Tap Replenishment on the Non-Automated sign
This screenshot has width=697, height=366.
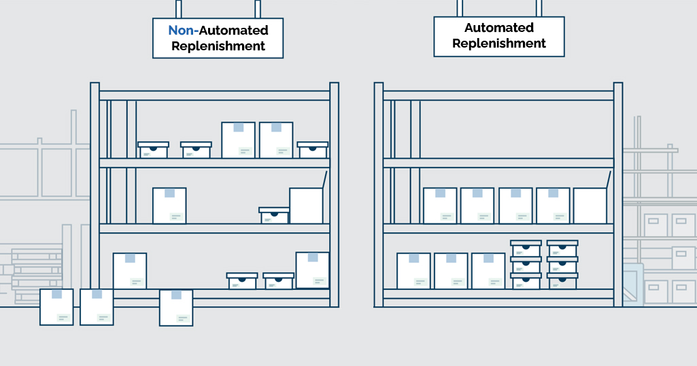(218, 47)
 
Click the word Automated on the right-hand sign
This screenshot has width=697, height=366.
(499, 28)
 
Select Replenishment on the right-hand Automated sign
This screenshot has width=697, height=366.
(499, 43)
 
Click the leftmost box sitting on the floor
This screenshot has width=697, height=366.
(56, 307)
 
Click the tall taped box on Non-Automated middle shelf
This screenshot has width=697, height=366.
(169, 205)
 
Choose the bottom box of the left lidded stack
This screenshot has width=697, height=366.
(526, 281)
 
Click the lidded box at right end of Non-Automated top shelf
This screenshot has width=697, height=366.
(313, 150)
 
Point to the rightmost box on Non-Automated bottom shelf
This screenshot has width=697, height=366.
(313, 270)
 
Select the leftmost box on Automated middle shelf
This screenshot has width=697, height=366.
(440, 205)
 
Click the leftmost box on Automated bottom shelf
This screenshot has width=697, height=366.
(413, 271)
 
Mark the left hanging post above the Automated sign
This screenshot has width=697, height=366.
(460, 8)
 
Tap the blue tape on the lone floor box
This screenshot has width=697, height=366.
(176, 295)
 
